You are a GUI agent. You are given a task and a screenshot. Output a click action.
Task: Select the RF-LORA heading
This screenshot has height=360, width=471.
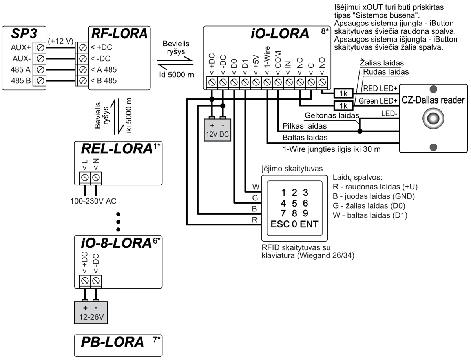pos(119,34)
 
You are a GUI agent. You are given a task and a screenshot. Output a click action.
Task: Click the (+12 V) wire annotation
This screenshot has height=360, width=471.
pos(61,40)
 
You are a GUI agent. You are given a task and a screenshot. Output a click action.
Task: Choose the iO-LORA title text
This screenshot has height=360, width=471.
pos(279,34)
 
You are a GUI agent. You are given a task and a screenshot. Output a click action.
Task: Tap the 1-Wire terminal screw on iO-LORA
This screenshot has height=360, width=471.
pos(267,82)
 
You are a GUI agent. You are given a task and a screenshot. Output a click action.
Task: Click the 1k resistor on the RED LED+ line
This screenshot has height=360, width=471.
pos(343,93)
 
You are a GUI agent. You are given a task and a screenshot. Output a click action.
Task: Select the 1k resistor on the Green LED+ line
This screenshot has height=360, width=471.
pos(343,106)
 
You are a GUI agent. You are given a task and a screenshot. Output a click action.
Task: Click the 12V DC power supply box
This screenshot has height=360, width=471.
pos(218,128)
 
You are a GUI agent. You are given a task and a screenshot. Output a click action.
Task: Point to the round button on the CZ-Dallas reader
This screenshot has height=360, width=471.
pos(433,118)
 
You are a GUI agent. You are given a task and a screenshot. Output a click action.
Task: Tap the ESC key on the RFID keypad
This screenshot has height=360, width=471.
pos(280,225)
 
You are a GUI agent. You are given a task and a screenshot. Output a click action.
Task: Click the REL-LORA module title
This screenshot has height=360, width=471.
pos(117,149)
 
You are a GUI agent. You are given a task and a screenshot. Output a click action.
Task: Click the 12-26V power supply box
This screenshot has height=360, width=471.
pos(90,312)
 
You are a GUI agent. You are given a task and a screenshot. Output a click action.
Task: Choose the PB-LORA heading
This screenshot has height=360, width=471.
pos(113,342)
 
